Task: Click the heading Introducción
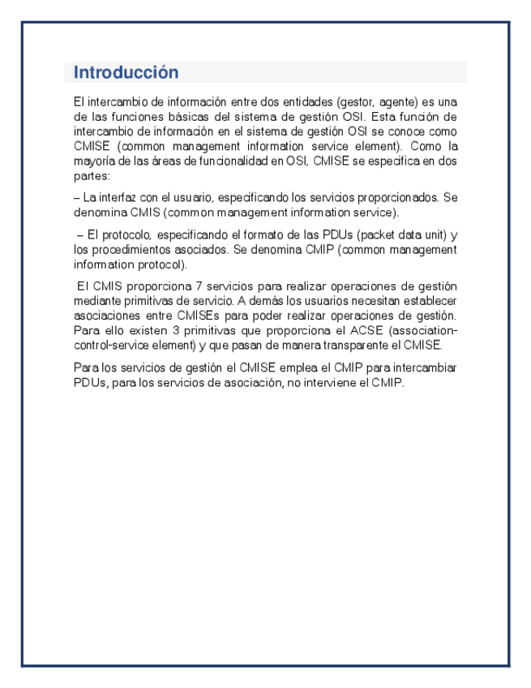(x=126, y=72)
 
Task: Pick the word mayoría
(x=92, y=161)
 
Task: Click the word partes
(x=89, y=175)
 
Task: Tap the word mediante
(x=94, y=300)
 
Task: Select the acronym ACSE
(x=362, y=330)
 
